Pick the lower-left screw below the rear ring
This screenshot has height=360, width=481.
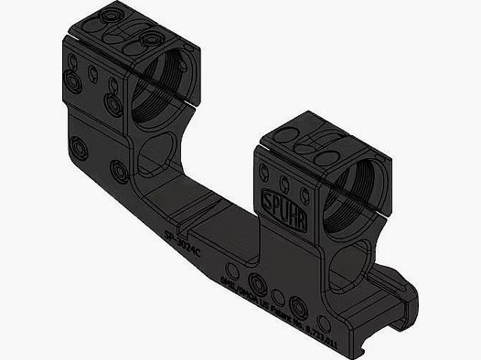pyautogui.click(x=79, y=145)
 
